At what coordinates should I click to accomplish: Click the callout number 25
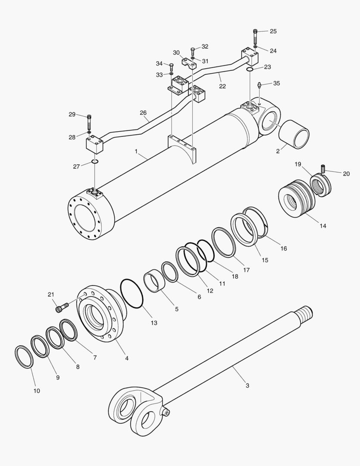click(x=273, y=31)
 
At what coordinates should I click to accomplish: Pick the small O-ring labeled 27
click(x=95, y=162)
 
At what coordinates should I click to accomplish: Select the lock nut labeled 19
click(x=321, y=184)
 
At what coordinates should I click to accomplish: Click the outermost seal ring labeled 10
click(x=24, y=356)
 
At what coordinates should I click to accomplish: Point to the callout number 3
click(x=247, y=385)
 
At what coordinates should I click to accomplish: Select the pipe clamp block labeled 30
click(x=189, y=64)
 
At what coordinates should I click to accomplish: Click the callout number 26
click(x=143, y=113)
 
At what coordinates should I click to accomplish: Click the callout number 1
click(x=136, y=151)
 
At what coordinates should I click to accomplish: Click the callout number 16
click(x=283, y=249)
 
